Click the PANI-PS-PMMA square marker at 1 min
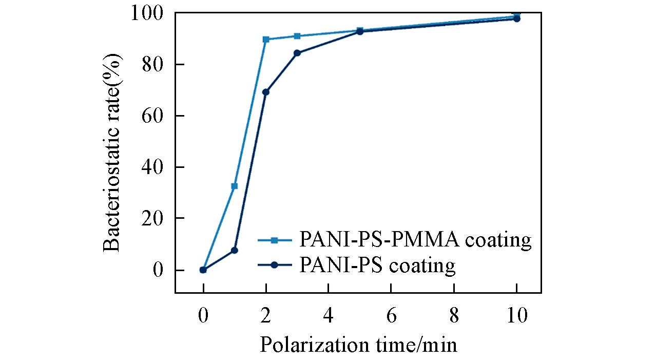point(235,186)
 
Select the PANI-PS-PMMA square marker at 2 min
point(266,40)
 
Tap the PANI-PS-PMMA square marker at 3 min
point(297,36)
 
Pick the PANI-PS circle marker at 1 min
point(235,250)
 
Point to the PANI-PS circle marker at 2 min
point(266,92)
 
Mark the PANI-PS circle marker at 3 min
point(297,53)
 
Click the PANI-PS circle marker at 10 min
point(517,19)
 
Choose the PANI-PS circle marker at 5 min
point(360,32)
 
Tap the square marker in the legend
point(274,240)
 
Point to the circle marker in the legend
point(274,265)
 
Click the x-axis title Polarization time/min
point(358,345)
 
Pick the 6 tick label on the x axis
point(391,315)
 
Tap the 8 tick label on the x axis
point(454,315)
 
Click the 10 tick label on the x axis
point(517,315)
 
